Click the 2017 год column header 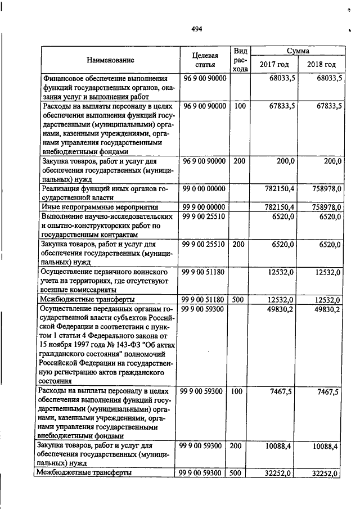[273, 64]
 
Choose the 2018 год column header [321, 64]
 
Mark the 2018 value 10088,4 [326, 446]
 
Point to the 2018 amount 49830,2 [326, 309]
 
